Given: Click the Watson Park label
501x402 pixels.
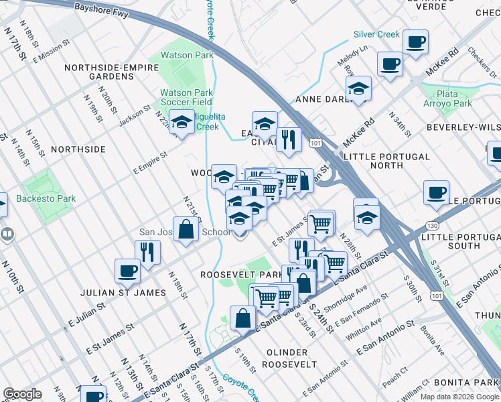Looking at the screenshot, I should coord(186,56).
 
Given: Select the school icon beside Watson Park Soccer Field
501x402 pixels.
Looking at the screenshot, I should coord(181,122).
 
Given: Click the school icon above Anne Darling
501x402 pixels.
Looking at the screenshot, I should coord(358,88).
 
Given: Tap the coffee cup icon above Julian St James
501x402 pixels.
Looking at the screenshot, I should coord(127,271).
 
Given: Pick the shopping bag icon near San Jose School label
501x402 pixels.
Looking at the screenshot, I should coord(187,228).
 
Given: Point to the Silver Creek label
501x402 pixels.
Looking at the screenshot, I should coord(376,34).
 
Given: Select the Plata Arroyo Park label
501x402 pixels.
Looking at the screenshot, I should coord(447,98).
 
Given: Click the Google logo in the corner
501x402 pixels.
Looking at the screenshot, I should coord(22,394).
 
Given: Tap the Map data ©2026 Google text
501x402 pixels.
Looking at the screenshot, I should coord(459,397).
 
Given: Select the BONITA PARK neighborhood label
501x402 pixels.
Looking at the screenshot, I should coord(466,381).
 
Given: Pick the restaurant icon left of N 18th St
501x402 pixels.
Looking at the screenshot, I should coord(147,251).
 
